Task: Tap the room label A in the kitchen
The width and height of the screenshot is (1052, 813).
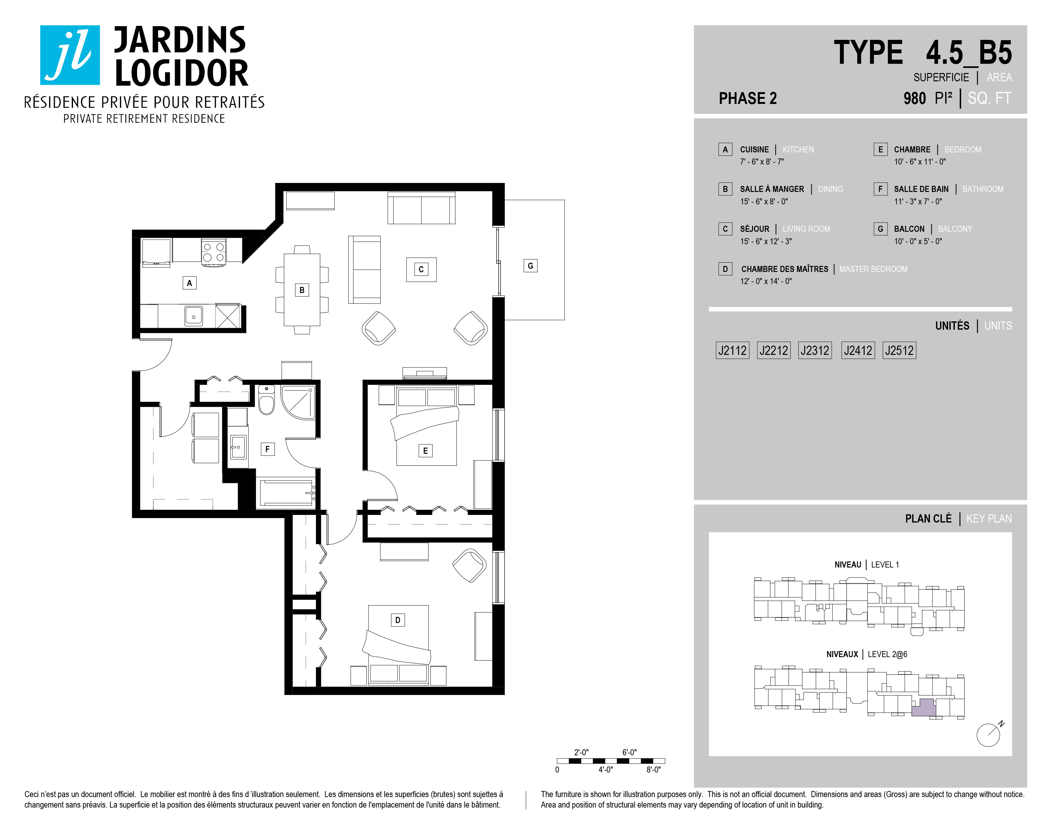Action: tap(189, 283)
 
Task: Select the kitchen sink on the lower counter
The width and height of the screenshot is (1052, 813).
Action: tap(194, 316)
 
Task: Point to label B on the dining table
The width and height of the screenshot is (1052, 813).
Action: tap(302, 290)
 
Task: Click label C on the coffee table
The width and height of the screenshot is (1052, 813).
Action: tap(421, 269)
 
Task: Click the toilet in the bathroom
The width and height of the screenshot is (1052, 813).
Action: tap(267, 400)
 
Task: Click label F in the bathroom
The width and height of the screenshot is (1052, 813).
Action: tap(267, 449)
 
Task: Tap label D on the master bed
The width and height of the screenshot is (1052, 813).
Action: tap(398, 620)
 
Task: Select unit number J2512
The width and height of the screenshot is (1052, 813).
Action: tap(899, 350)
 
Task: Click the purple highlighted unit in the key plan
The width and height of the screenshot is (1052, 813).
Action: tap(924, 707)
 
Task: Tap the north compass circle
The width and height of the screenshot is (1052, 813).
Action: tap(988, 735)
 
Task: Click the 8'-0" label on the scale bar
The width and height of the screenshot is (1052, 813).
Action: tap(653, 770)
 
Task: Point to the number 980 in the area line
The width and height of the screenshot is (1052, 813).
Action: tap(915, 98)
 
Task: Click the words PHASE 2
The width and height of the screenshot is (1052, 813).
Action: tap(748, 98)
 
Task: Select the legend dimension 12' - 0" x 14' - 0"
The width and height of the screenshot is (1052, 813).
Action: tap(766, 281)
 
